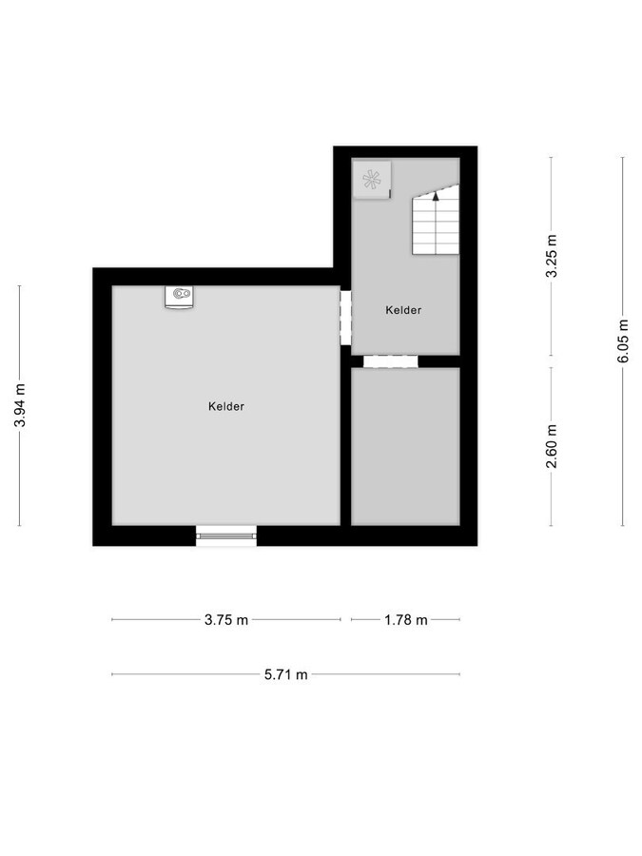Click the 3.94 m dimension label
pos(20,406)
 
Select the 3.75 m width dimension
pos(226,620)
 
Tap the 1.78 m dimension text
pos(405,620)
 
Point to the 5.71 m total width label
pos(286,674)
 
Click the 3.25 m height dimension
pos(551,257)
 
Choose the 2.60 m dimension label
pos(551,447)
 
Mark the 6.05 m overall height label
pos(623,340)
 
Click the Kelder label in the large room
pos(226,406)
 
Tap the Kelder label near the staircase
pos(403,310)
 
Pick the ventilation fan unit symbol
pos(372,179)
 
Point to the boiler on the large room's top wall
pos(179,297)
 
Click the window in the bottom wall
pos(226,535)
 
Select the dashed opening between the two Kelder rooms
pos(345,318)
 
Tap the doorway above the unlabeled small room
pos(391,360)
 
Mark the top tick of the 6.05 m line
pos(623,157)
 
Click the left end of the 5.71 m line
pos(112,674)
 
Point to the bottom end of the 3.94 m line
pos(20,525)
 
